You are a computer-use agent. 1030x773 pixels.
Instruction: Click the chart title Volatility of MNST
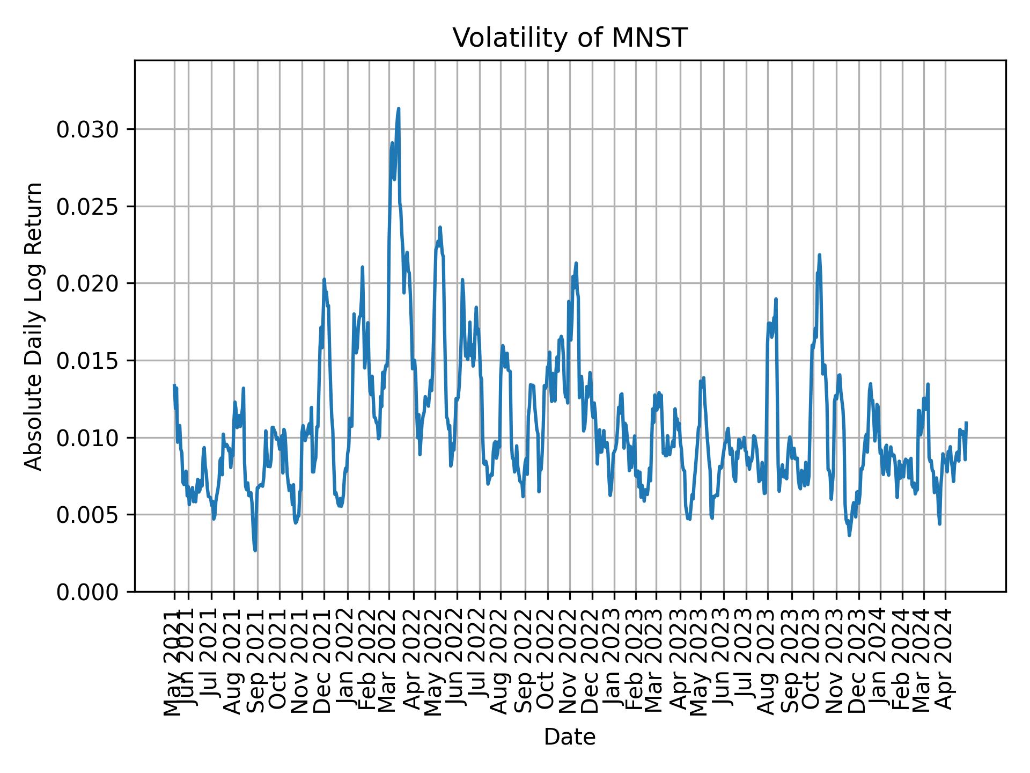tap(570, 38)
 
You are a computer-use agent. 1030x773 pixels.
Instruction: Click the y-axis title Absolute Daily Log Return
tap(34, 326)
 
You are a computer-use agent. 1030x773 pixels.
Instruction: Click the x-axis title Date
tap(570, 738)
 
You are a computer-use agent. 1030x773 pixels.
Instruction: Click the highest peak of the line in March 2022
tap(398, 109)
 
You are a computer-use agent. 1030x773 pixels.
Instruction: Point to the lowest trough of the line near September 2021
tap(255, 550)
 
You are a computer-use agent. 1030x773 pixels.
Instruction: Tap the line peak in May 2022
tap(440, 228)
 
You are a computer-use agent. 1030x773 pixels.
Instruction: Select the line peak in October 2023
tap(819, 255)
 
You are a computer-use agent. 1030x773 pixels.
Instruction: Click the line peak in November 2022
tap(576, 263)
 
